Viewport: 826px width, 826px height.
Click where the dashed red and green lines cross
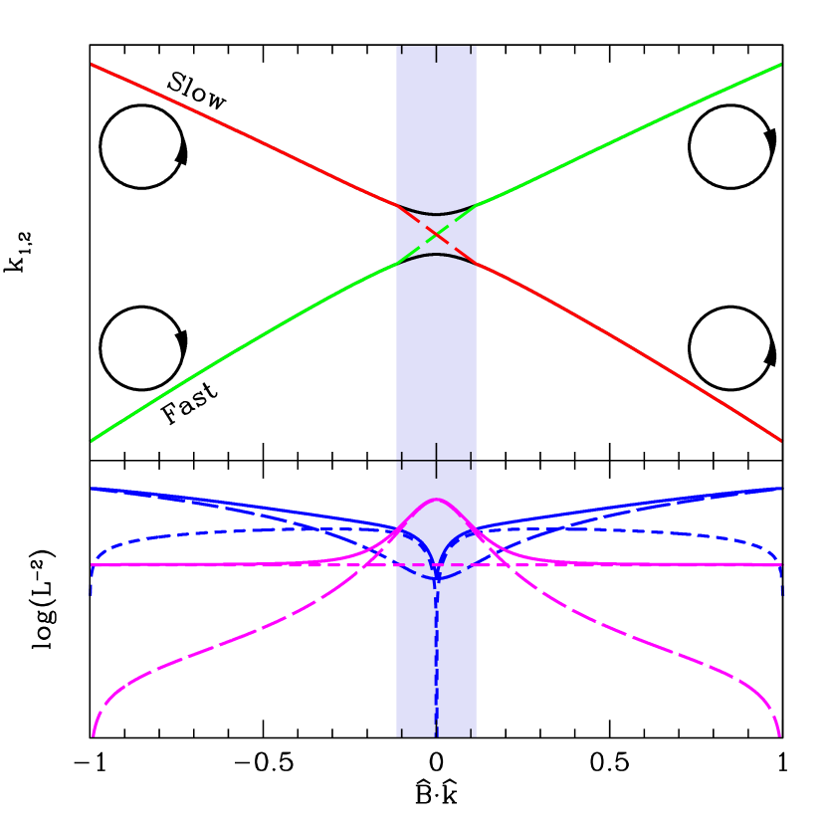tap(436, 234)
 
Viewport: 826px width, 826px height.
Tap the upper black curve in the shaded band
tap(436, 213)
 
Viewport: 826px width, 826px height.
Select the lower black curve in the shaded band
tap(436, 255)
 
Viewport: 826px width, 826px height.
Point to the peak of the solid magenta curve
tap(436, 500)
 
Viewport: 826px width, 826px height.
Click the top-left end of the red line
tap(93, 65)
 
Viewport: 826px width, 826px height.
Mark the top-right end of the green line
tap(780, 65)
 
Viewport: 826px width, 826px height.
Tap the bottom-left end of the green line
tap(93, 440)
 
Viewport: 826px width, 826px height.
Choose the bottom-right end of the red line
tap(780, 439)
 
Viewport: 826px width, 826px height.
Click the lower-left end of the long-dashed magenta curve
tap(94, 734)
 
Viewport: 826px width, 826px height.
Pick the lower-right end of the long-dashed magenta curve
tap(779, 734)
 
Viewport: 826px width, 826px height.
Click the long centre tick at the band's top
tap(436, 54)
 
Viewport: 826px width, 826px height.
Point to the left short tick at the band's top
tap(401, 49)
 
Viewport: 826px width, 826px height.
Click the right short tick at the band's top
tap(471, 49)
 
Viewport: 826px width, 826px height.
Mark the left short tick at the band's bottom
tap(401, 732)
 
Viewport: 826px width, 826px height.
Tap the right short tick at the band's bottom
tap(471, 732)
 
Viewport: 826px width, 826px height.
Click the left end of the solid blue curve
tap(93, 489)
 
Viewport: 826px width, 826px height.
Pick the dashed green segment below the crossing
tap(416, 251)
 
